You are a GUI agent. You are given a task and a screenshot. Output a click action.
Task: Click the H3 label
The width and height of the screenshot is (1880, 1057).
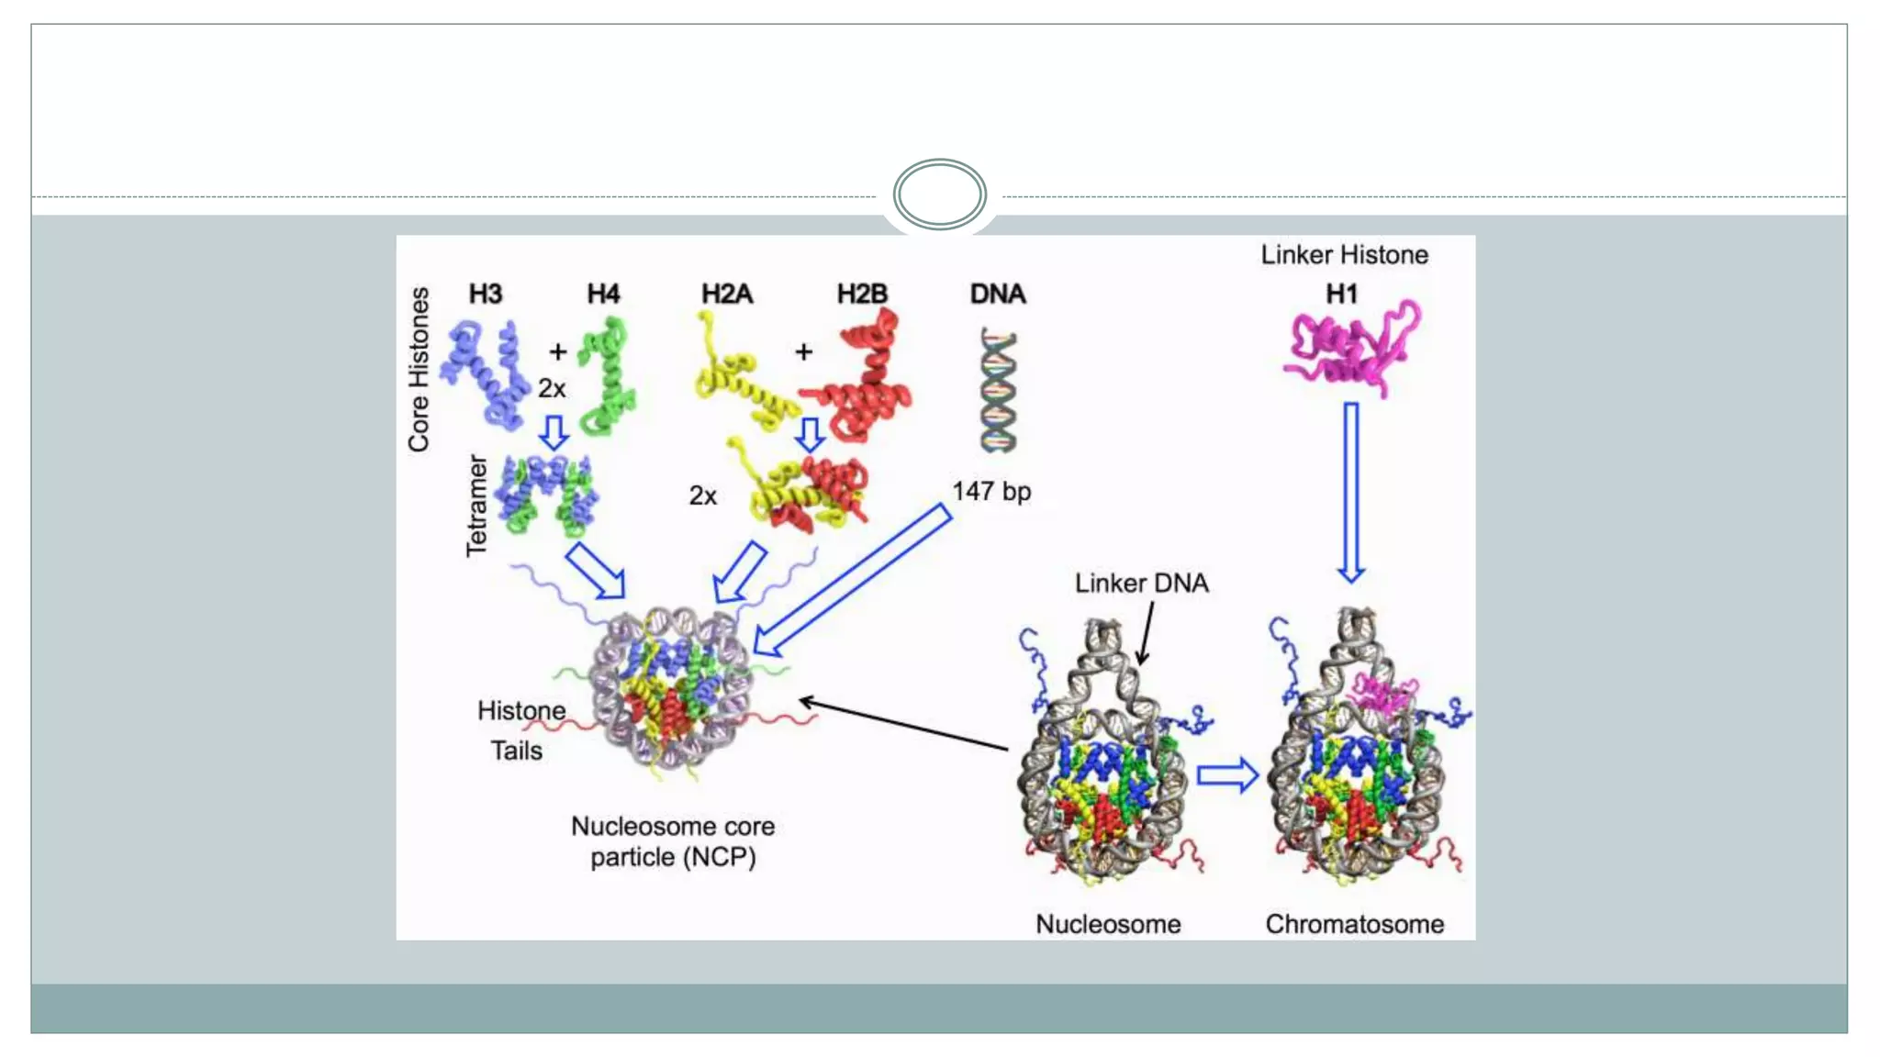coord(485,294)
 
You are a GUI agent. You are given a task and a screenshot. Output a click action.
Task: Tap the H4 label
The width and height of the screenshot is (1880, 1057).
coord(603,294)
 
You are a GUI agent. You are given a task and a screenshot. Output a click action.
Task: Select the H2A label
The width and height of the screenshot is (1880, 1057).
coord(726,294)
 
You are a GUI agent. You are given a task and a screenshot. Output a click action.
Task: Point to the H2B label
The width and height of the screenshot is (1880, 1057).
coord(862,294)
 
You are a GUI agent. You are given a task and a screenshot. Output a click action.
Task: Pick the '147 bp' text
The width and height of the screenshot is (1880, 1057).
coord(991,492)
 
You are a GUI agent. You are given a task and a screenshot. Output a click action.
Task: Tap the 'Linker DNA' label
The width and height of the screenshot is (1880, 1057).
coord(1141,584)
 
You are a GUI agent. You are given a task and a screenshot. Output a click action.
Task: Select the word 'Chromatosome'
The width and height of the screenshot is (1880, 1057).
coord(1354,924)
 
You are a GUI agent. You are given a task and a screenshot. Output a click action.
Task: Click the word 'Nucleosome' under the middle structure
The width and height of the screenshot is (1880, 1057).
coord(1108,924)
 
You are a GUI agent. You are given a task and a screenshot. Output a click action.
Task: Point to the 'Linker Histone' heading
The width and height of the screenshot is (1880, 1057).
coord(1344,255)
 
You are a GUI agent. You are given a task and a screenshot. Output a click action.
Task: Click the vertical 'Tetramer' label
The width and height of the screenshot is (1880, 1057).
coord(476,506)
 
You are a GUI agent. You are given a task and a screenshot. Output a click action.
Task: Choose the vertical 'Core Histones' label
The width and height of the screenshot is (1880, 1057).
coord(419,370)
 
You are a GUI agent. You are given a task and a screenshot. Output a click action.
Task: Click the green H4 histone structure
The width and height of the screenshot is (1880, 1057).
coord(607,376)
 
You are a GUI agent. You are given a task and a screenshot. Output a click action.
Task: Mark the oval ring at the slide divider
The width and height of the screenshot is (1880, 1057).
coord(939,195)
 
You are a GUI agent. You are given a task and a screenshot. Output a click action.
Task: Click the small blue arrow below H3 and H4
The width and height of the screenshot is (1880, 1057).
coord(554,432)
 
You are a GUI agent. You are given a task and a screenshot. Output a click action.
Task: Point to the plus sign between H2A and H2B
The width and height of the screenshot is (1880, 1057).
coord(803,351)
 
